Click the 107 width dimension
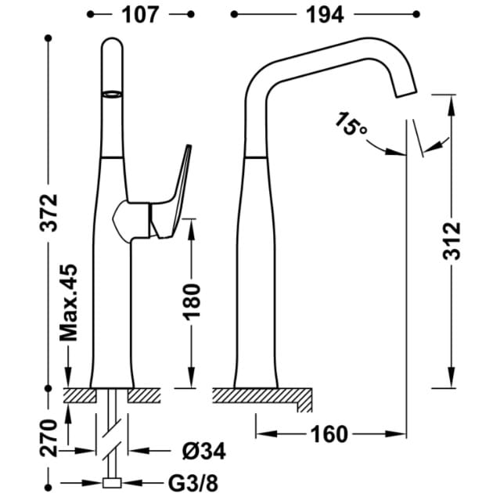click(x=140, y=15)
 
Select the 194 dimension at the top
click(x=325, y=15)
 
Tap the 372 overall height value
click(x=49, y=213)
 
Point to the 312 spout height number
click(x=452, y=241)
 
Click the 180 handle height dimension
click(x=192, y=302)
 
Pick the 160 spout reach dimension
click(x=329, y=434)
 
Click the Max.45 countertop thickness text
click(x=69, y=303)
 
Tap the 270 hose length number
click(x=49, y=438)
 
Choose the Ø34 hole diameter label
click(x=203, y=452)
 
